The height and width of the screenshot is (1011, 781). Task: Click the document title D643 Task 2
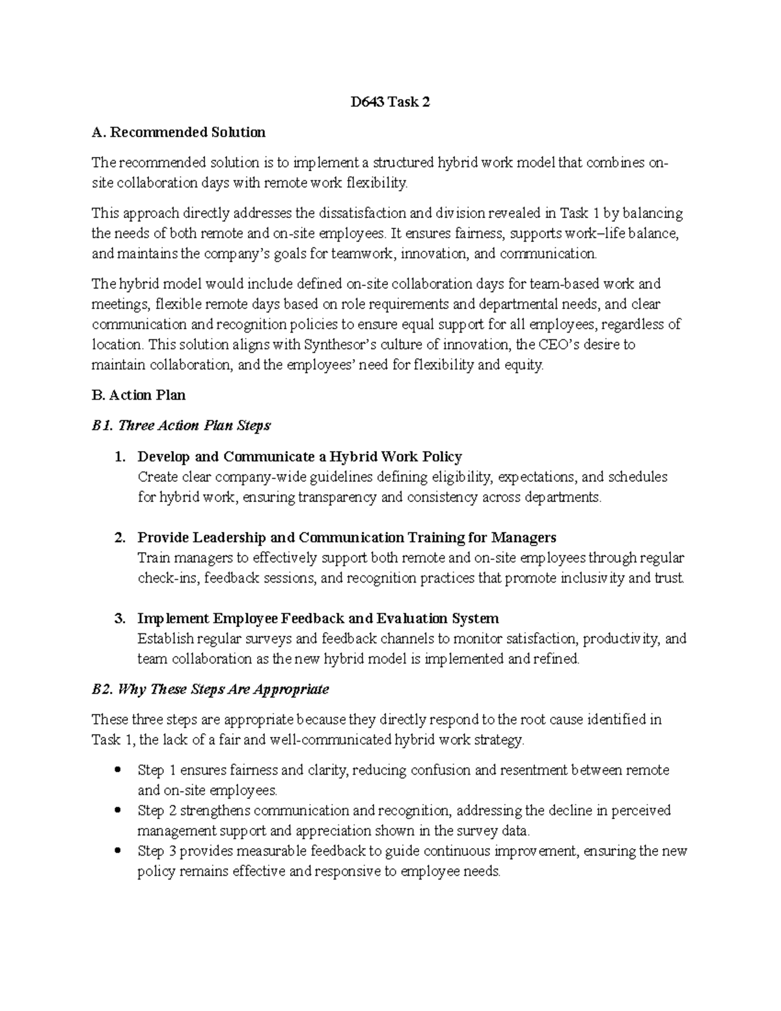(x=390, y=102)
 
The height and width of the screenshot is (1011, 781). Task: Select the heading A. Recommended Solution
(x=179, y=133)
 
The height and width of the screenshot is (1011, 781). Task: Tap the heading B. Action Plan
(x=139, y=395)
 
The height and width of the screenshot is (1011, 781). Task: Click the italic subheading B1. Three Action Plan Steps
(x=181, y=426)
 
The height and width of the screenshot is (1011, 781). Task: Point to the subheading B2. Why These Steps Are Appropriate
(x=210, y=689)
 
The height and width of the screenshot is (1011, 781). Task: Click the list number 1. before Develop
(x=119, y=457)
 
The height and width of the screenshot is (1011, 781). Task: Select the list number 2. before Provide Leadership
(x=119, y=538)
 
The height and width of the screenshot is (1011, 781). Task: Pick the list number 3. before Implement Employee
(x=119, y=618)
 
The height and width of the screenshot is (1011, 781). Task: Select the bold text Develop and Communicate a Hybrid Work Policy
(x=299, y=457)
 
